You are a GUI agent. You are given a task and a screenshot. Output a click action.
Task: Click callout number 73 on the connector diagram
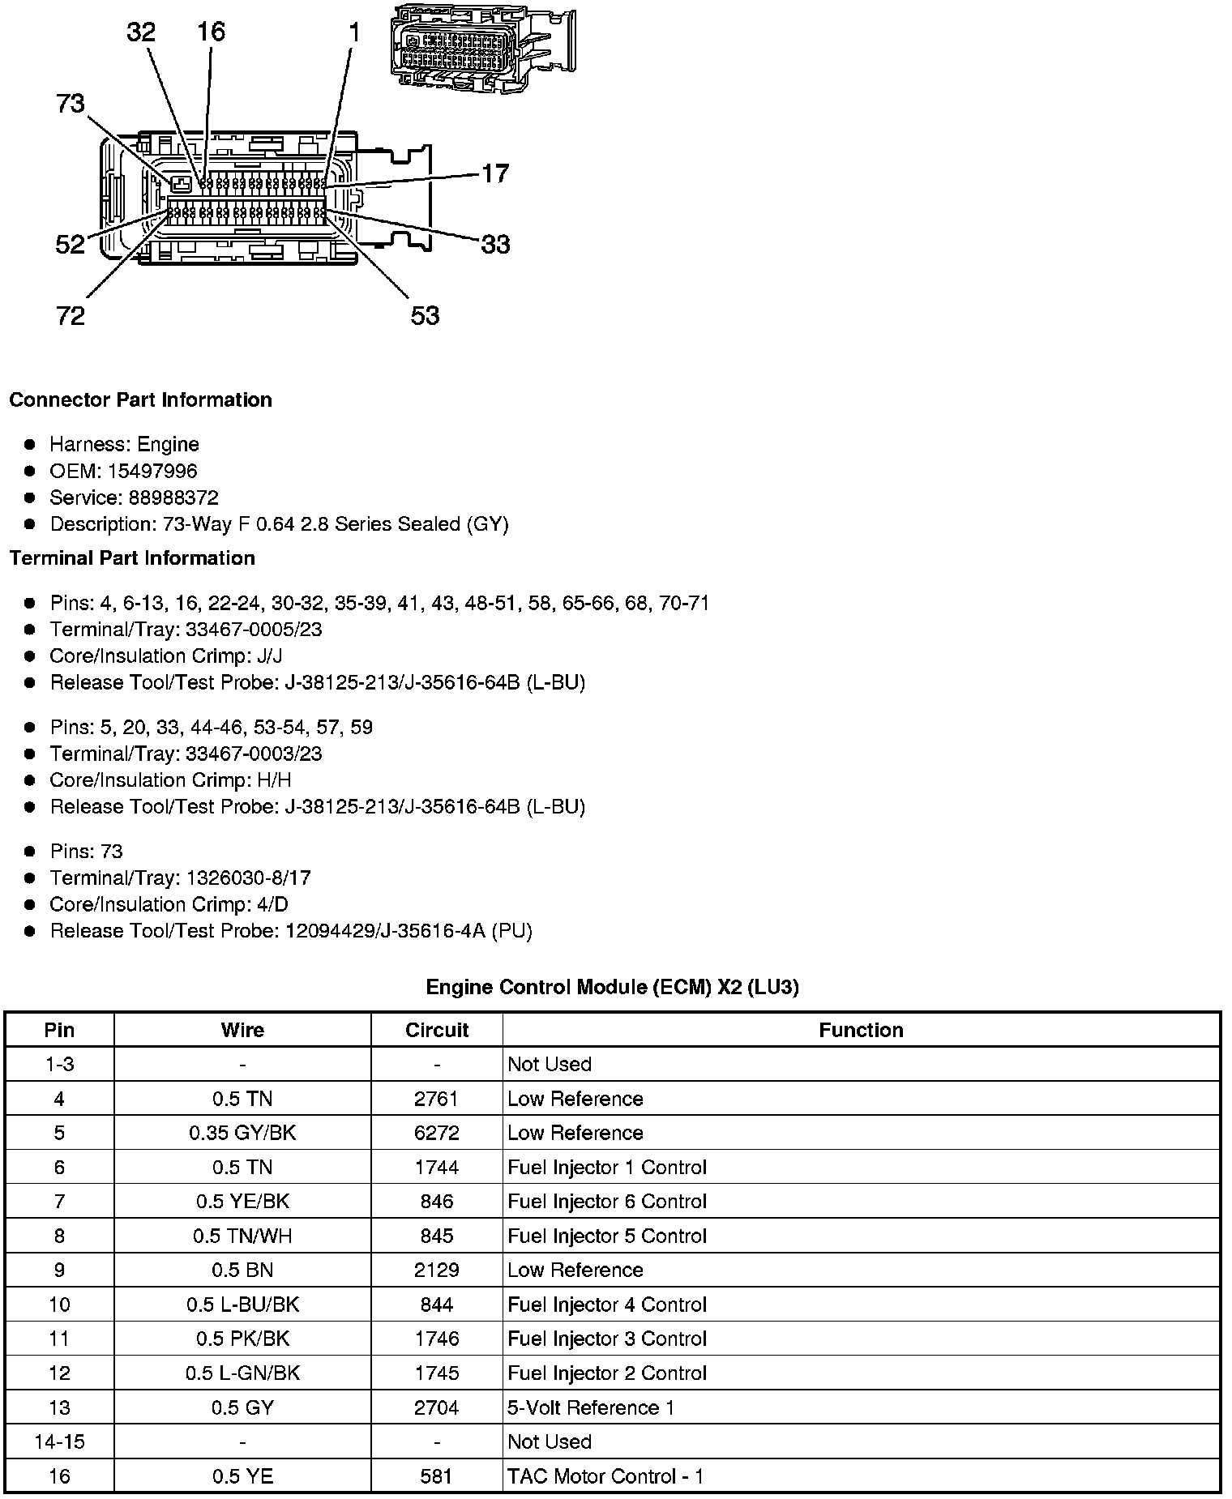click(x=71, y=105)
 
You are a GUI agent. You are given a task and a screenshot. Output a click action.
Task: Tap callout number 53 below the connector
click(x=425, y=315)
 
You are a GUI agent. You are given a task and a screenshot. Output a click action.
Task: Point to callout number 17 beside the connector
click(x=495, y=173)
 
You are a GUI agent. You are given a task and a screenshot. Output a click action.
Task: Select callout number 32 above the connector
click(x=141, y=32)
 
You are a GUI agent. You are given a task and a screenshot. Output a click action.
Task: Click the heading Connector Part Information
click(x=140, y=400)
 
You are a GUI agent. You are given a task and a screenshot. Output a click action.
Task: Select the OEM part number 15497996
click(x=152, y=471)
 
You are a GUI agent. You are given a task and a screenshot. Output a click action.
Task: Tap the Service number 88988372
click(x=173, y=498)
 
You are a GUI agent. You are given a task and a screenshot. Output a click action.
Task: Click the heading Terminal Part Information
click(x=132, y=558)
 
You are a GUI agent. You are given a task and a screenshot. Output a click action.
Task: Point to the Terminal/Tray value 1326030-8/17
click(x=248, y=878)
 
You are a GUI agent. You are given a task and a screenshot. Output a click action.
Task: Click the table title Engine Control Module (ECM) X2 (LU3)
click(x=612, y=987)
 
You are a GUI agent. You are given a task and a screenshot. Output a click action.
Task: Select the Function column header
click(x=861, y=1030)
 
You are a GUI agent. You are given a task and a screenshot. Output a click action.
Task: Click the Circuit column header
click(x=436, y=1030)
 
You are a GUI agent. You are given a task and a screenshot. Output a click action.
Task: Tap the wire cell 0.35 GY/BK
click(x=242, y=1133)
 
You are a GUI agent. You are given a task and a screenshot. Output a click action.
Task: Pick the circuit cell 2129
click(x=436, y=1270)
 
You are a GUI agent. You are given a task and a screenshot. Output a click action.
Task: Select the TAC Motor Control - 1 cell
click(x=605, y=1476)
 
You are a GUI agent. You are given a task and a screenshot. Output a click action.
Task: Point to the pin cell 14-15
click(x=59, y=1441)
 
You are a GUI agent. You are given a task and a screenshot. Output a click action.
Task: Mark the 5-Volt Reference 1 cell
click(x=591, y=1407)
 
